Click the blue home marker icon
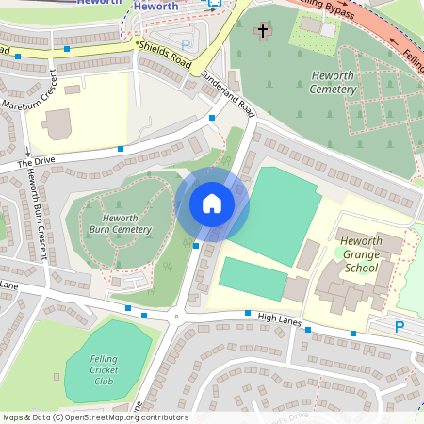coord(212,204)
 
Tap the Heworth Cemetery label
coord(336,82)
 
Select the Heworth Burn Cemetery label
coord(120,223)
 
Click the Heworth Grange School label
coord(362,254)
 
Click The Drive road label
coord(36,162)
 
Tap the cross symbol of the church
coord(263,32)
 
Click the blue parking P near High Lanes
coord(400,327)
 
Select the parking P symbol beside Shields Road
coord(185,43)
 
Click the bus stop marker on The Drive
coord(122,149)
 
